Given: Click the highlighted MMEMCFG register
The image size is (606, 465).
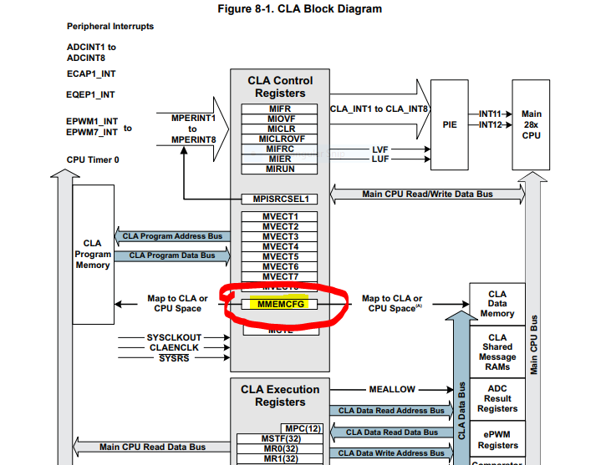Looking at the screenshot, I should pos(281,305).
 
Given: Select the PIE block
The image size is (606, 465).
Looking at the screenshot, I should pos(449,124).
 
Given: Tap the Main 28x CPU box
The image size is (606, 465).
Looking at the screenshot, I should pos(531,124).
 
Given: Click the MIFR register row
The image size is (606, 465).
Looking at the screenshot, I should pos(280,109).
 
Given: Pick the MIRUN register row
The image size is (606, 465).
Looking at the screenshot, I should pos(280,169).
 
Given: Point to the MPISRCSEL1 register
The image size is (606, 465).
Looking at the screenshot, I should pos(281,199).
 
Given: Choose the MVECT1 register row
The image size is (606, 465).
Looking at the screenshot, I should pos(280,217).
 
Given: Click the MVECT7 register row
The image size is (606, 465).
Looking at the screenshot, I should pos(280,276).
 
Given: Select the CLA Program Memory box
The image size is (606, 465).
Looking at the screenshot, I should pos(93,254).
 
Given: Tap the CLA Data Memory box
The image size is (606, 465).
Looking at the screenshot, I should pos(497,304).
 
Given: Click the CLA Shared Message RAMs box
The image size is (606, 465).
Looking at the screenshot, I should pos(497,351).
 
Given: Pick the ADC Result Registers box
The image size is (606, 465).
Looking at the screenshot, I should pos(497,398).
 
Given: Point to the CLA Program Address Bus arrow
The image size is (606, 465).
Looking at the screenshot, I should pos(172,236).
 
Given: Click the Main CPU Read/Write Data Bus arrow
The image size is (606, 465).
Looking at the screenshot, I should pos(427,195).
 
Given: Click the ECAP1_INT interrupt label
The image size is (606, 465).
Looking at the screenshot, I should pos(91,73).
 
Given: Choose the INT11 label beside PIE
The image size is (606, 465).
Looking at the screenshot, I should pos(490,114).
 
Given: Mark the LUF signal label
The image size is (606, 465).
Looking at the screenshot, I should pos(380,159).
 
